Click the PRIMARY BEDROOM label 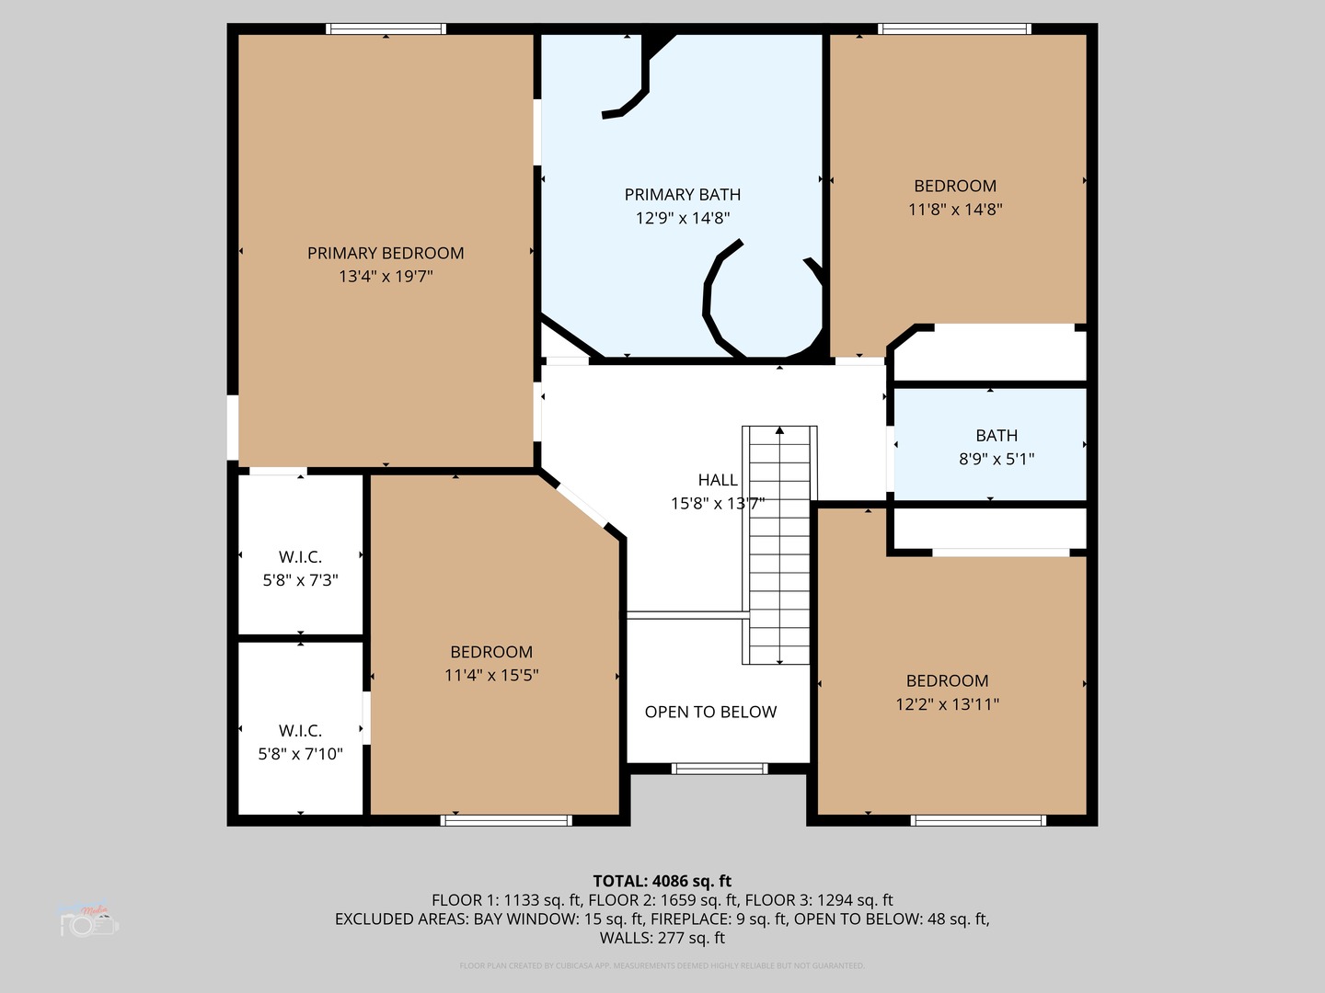click(x=386, y=253)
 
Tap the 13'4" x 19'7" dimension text click(x=386, y=277)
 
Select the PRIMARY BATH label click(x=682, y=194)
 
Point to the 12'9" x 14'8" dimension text click(x=682, y=218)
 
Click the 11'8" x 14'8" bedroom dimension click(x=955, y=210)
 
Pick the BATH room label click(x=997, y=436)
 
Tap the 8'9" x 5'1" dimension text click(x=997, y=459)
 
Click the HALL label click(x=717, y=480)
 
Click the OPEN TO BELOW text click(x=710, y=712)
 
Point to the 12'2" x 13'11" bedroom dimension click(x=947, y=704)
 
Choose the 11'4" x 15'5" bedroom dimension click(x=491, y=676)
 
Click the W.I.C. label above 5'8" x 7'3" click(x=300, y=557)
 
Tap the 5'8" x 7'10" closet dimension click(x=300, y=754)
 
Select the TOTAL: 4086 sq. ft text click(x=662, y=881)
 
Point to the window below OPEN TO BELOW click(x=719, y=769)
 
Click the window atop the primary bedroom click(x=386, y=29)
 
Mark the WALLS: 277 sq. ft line click(x=662, y=938)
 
